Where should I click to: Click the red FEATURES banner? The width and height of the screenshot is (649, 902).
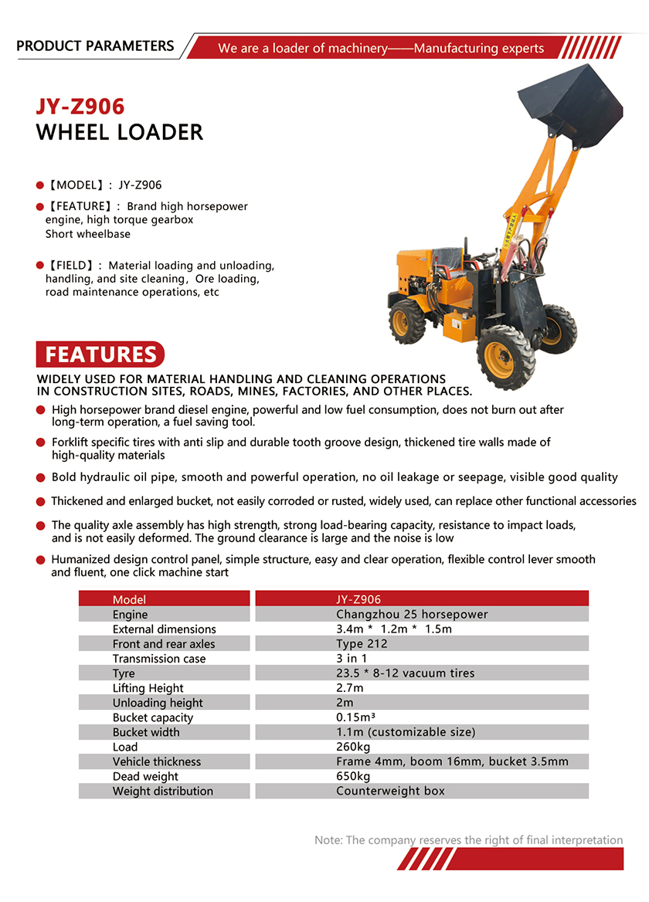100,354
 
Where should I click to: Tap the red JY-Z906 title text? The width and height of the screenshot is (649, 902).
80,106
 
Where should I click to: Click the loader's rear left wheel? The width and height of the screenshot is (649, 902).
407,320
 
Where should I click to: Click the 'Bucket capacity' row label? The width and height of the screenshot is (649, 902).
153,717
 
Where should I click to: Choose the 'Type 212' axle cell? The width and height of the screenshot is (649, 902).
362,644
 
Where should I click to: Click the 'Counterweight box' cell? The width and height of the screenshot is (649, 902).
390,791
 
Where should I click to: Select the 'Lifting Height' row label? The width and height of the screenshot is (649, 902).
148,688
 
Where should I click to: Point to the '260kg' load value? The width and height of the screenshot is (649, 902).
353,747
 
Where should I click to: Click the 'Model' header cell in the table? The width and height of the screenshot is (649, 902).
129,599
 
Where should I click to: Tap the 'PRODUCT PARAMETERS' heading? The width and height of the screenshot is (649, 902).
95,46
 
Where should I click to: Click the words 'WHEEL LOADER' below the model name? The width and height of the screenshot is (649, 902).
120,132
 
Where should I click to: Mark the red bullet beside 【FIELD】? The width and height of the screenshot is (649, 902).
40,266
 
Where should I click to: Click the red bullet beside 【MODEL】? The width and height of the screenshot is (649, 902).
40,185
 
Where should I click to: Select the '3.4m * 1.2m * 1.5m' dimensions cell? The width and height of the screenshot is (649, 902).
394,629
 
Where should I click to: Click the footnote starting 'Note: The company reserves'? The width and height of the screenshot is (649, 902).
468,840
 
